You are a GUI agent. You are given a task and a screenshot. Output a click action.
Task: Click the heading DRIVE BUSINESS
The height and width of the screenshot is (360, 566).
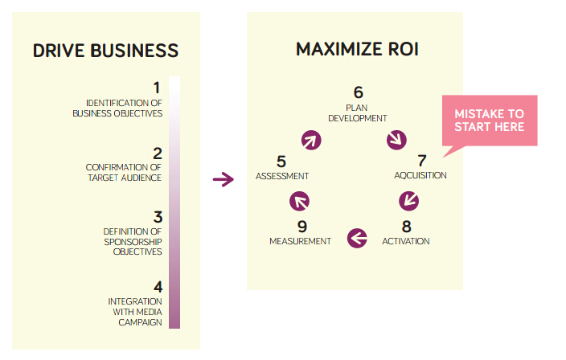point(105,51)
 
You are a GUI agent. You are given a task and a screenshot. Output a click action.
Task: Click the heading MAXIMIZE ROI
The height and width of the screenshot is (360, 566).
point(357,49)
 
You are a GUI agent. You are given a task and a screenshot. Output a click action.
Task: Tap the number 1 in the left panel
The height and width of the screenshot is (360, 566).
point(158,87)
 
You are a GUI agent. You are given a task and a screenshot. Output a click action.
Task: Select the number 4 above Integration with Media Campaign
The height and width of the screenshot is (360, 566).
point(158,286)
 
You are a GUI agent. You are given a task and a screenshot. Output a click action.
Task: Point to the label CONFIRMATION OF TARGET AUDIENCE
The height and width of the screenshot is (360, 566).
point(124,172)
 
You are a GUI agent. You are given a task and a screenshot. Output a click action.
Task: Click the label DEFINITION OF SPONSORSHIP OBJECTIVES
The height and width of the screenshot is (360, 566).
point(133,241)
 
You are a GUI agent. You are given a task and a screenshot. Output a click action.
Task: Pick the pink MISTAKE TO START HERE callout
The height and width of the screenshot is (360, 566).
point(489,121)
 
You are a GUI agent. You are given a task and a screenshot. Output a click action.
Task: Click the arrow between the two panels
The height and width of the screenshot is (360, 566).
point(223,179)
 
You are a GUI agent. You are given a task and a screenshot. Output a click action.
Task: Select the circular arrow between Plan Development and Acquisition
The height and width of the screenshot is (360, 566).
point(396,141)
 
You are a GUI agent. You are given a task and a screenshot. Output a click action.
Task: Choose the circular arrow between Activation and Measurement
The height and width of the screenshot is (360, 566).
point(357,237)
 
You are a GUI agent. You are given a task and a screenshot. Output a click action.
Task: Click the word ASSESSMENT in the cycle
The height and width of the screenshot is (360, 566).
point(282,175)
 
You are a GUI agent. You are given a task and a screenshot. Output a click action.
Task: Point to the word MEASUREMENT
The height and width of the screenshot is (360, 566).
point(300,241)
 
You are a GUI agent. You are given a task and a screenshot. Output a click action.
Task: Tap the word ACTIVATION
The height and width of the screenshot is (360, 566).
point(406,241)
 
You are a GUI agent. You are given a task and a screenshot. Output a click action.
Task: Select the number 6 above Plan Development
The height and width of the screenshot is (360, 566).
point(359,92)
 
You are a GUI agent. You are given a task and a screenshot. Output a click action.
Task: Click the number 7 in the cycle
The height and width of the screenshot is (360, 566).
point(421,160)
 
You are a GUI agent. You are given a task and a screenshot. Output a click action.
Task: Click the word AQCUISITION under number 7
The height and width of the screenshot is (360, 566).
point(420,175)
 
